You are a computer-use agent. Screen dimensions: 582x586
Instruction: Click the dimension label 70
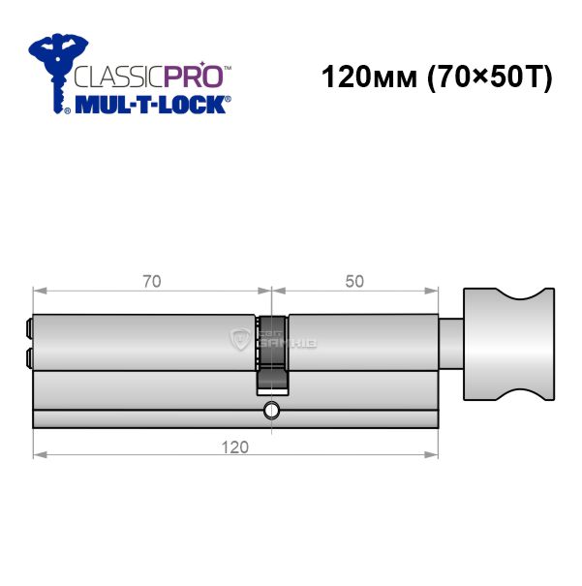pyautogui.click(x=152, y=282)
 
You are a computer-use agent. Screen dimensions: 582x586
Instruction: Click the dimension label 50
pyautogui.click(x=354, y=282)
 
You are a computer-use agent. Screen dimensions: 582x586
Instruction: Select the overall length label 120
pyautogui.click(x=235, y=447)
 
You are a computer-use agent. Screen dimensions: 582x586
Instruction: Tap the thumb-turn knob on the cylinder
pyautogui.click(x=508, y=344)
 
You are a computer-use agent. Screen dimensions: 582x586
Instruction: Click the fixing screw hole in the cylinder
pyautogui.click(x=271, y=411)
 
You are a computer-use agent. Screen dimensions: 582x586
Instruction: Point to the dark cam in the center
pyautogui.click(x=272, y=355)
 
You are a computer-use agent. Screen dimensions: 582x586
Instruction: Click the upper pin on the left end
pyautogui.click(x=29, y=328)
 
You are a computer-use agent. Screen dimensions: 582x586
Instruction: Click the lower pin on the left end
pyautogui.click(x=29, y=357)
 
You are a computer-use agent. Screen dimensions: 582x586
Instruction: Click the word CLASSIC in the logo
pyautogui.click(x=119, y=77)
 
